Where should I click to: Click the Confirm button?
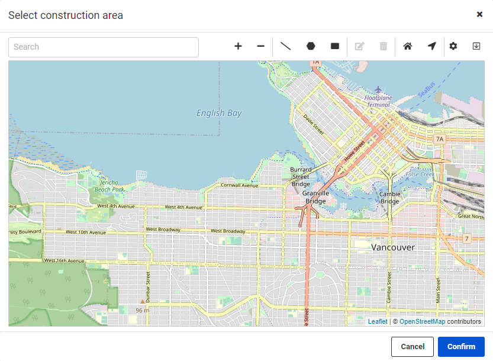pos(461,347)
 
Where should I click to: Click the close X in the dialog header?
pos(479,14)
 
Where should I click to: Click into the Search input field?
pos(104,47)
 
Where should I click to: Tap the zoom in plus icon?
pos(238,46)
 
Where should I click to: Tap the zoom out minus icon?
pos(260,46)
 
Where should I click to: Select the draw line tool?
pos(285,46)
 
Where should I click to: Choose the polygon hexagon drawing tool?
pos(311,46)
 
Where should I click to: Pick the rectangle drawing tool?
pos(335,46)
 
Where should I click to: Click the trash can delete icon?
pos(384,46)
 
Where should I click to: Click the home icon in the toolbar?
pos(407,46)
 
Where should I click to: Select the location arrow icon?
pos(432,46)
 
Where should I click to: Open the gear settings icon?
pos(453,46)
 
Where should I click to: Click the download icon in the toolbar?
pos(476,46)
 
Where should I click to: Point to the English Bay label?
pos(219,113)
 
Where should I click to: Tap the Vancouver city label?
pos(393,247)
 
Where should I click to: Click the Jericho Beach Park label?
pos(109,186)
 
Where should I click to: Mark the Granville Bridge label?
pos(315,197)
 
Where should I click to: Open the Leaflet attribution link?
pos(378,321)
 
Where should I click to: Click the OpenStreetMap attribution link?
pos(422,321)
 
